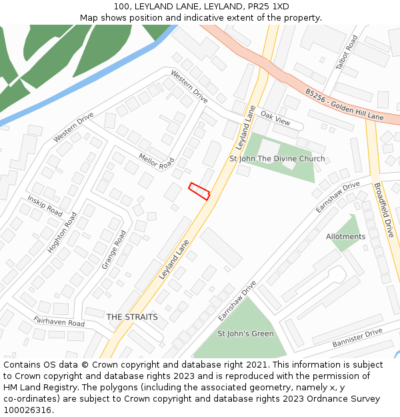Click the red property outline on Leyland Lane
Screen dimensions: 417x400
coord(199,191)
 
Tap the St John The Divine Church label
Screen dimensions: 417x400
coord(277,159)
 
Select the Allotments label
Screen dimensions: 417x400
coord(345,237)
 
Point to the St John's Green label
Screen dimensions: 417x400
coord(245,334)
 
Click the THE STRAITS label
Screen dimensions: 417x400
coord(132,317)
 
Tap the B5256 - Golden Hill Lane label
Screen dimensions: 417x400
coord(344,106)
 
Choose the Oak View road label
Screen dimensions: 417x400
coord(275,119)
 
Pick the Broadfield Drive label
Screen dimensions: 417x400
coord(383,210)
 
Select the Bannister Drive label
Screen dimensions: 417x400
coord(357,338)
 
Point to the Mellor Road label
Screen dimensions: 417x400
coord(156,161)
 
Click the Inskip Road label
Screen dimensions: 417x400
coord(45,205)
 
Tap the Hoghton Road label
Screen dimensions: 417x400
coord(63,232)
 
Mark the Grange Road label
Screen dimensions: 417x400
coord(114,250)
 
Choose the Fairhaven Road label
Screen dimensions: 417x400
coord(59,322)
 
